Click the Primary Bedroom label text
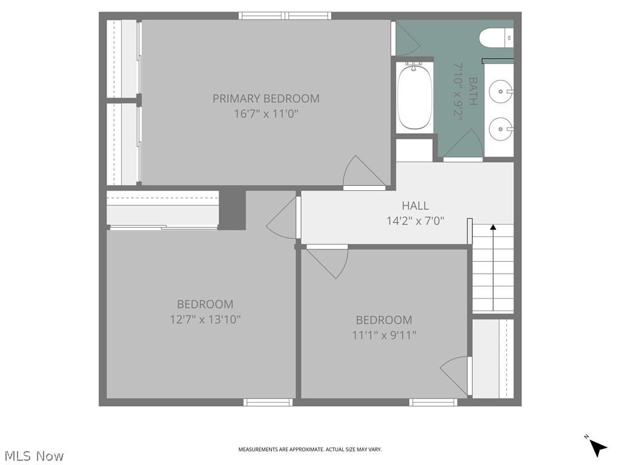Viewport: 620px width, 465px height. point(266,98)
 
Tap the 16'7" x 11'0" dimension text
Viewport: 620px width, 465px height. point(266,113)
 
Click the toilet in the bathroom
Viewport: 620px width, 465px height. point(495,38)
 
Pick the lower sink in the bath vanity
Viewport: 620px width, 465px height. point(500,128)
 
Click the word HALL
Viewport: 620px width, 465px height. point(415,206)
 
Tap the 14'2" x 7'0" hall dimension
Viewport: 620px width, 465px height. point(415,221)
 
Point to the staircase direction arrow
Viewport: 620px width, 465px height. point(493,266)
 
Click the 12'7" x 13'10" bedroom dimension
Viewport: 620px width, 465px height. point(205,319)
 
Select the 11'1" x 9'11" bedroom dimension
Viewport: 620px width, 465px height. point(384,335)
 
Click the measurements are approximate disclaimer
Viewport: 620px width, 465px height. point(310,449)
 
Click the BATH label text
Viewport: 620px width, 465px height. point(472,91)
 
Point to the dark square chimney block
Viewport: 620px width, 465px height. point(232,209)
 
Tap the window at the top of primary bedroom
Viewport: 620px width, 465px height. point(285,16)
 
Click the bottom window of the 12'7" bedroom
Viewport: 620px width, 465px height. point(267,402)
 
